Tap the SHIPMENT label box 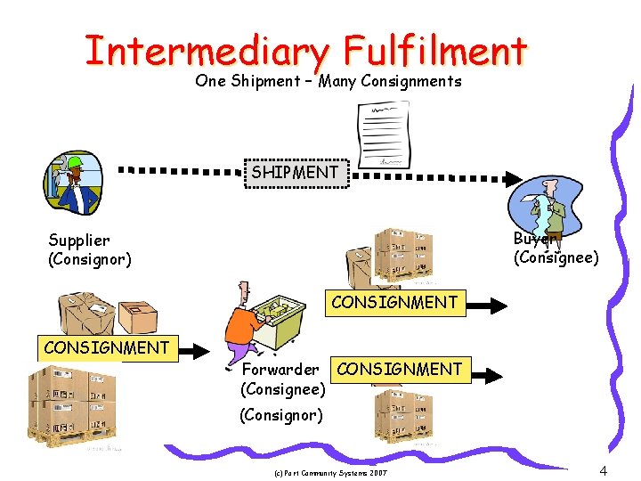(x=295, y=172)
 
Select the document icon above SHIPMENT (x=383, y=134)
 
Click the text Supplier (x=79, y=240)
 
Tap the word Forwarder (x=280, y=369)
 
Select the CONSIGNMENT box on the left (x=106, y=347)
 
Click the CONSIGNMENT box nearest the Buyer (x=394, y=302)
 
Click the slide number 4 (x=604, y=469)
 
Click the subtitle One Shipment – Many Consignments (x=329, y=81)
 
